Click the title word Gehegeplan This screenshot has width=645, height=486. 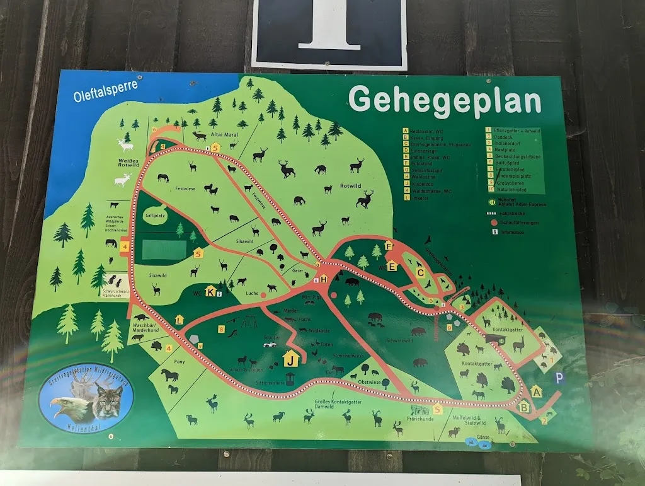[x=445, y=100]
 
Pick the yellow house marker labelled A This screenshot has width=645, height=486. [x=537, y=391]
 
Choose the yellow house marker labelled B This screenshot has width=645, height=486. [x=523, y=407]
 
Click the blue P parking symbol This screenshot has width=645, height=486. [x=559, y=378]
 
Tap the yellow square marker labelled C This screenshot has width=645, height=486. [x=421, y=272]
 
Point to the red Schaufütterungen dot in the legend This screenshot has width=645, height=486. [x=494, y=223]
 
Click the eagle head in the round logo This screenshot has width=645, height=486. [x=65, y=407]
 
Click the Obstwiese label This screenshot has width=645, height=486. [x=369, y=382]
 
